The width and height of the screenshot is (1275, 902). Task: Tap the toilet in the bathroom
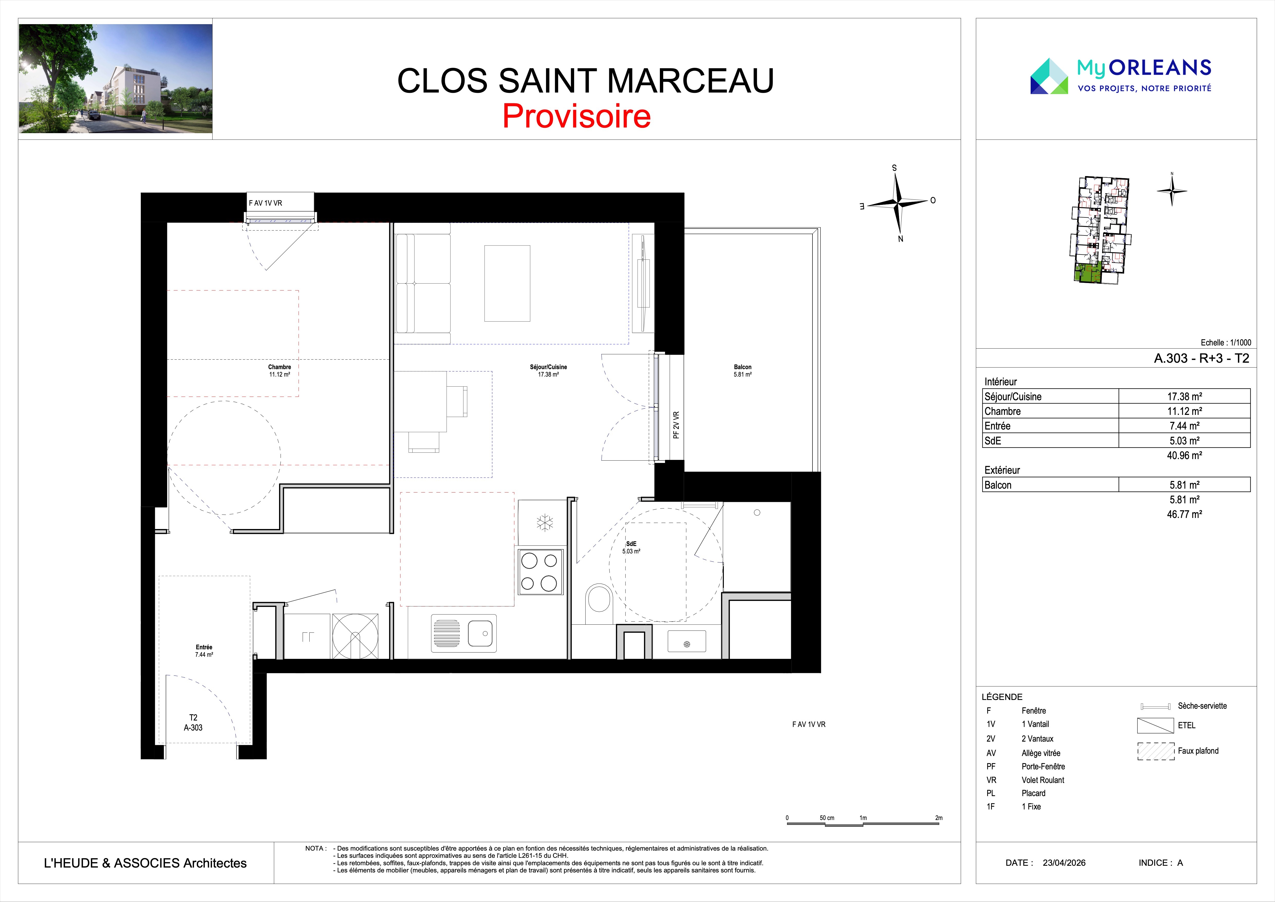coord(599,604)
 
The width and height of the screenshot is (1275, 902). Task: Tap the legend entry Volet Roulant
coord(1043,780)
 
